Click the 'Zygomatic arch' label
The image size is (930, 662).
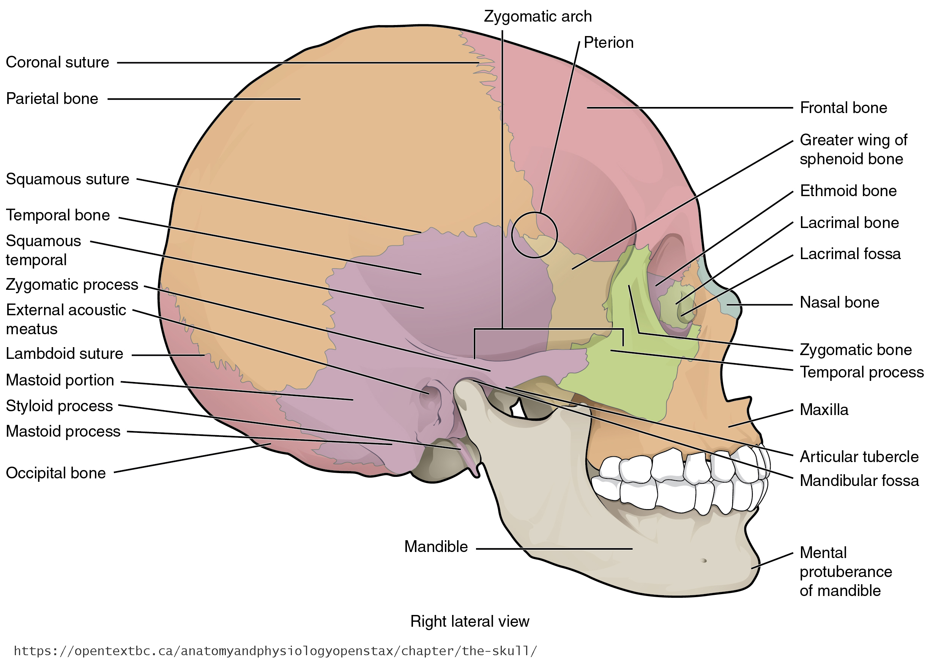537,17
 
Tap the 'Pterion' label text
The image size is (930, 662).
608,43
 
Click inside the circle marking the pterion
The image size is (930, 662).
534,235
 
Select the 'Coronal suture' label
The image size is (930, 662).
58,62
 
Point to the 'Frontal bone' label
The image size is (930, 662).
843,108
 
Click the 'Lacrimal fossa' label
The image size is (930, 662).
850,254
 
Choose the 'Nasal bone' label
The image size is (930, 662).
839,302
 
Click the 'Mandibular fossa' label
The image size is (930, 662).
859,481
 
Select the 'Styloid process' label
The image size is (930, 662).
59,406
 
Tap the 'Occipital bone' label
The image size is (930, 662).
56,473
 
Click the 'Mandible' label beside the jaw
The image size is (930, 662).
436,547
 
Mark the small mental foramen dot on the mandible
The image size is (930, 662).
704,560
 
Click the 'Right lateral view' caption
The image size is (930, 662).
470,621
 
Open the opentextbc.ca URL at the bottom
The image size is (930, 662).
275,651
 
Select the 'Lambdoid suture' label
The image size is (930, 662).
65,354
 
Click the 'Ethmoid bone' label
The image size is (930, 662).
848,191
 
